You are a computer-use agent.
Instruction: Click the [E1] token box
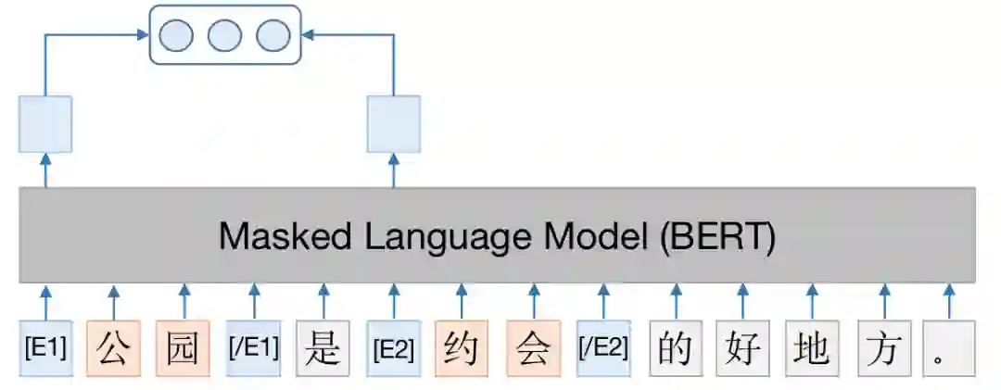(x=44, y=348)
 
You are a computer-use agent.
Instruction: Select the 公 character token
(x=113, y=348)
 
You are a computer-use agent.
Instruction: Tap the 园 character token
(x=183, y=348)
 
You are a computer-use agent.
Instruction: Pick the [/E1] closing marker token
(x=253, y=348)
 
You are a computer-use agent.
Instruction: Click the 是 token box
(x=323, y=348)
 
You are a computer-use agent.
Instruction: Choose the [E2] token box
(x=393, y=348)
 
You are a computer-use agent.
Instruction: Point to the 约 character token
(x=462, y=348)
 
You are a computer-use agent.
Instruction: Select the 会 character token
(x=533, y=348)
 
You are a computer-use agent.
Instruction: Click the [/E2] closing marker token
(x=603, y=348)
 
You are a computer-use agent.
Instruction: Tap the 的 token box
(x=673, y=348)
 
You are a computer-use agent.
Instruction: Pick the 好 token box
(x=742, y=348)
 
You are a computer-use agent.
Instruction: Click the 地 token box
(x=812, y=348)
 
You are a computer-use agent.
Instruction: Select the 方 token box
(x=883, y=348)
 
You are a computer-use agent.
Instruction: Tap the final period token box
(x=949, y=348)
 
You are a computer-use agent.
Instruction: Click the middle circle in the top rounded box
(x=224, y=35)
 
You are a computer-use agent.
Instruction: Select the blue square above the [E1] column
(x=44, y=124)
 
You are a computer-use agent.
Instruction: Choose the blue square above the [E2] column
(x=393, y=124)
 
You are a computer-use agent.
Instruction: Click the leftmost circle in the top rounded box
(x=176, y=35)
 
